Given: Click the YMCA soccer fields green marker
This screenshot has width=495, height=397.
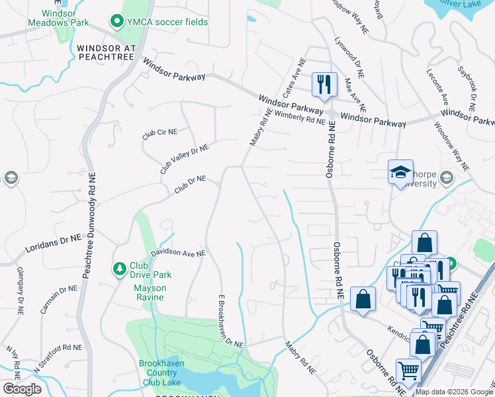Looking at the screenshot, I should tap(118, 22).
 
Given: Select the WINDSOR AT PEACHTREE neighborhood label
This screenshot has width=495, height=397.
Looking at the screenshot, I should tap(106, 53).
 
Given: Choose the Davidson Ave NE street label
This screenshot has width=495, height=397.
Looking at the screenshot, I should tap(178, 253).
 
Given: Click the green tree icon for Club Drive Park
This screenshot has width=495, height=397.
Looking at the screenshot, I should tap(119, 269).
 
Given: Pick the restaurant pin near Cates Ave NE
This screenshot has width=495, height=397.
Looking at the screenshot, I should tap(324, 84).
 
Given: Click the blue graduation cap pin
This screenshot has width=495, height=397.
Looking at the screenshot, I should tap(400, 173).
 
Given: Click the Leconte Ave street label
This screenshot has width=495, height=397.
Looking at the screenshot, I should tap(437, 89).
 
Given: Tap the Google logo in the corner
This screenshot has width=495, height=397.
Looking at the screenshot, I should tap(21, 389).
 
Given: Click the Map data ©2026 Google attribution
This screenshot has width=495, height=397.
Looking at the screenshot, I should tap(453, 392).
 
